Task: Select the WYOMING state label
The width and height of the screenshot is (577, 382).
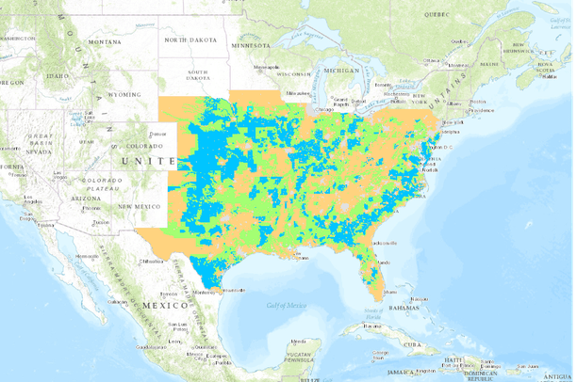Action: tap(122, 95)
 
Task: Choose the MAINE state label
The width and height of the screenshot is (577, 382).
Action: tap(490, 63)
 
